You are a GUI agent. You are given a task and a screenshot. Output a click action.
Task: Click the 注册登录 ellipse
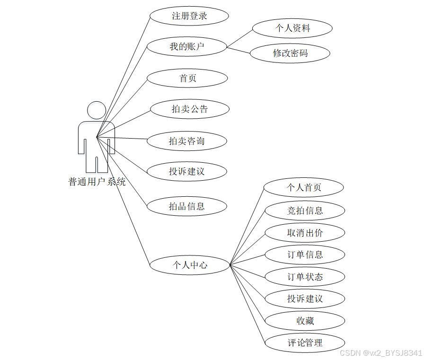point(189,16)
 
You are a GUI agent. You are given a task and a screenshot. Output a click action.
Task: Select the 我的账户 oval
point(187,46)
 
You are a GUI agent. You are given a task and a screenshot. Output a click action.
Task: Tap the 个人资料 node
point(292,28)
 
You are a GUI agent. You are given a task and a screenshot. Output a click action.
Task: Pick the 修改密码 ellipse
point(290,53)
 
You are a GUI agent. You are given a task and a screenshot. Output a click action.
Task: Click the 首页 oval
point(187,78)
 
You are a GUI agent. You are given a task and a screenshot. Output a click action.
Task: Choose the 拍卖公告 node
point(190,109)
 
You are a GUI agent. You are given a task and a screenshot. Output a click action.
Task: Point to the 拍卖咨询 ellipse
point(187,140)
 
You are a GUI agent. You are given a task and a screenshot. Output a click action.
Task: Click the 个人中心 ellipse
point(190,265)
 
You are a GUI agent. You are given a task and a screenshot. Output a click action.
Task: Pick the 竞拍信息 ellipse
point(305,210)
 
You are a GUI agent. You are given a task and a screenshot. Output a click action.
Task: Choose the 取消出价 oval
point(305,232)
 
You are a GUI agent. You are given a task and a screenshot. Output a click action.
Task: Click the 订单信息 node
point(305,255)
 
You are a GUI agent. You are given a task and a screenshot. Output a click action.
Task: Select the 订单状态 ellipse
point(305,277)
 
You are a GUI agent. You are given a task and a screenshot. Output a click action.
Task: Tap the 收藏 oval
point(305,321)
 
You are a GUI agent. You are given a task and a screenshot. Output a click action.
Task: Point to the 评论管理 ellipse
point(305,342)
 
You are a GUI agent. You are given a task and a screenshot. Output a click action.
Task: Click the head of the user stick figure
point(97,110)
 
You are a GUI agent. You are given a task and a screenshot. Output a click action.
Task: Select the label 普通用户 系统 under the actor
point(97,181)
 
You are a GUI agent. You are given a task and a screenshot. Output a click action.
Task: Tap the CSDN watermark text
point(380,353)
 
